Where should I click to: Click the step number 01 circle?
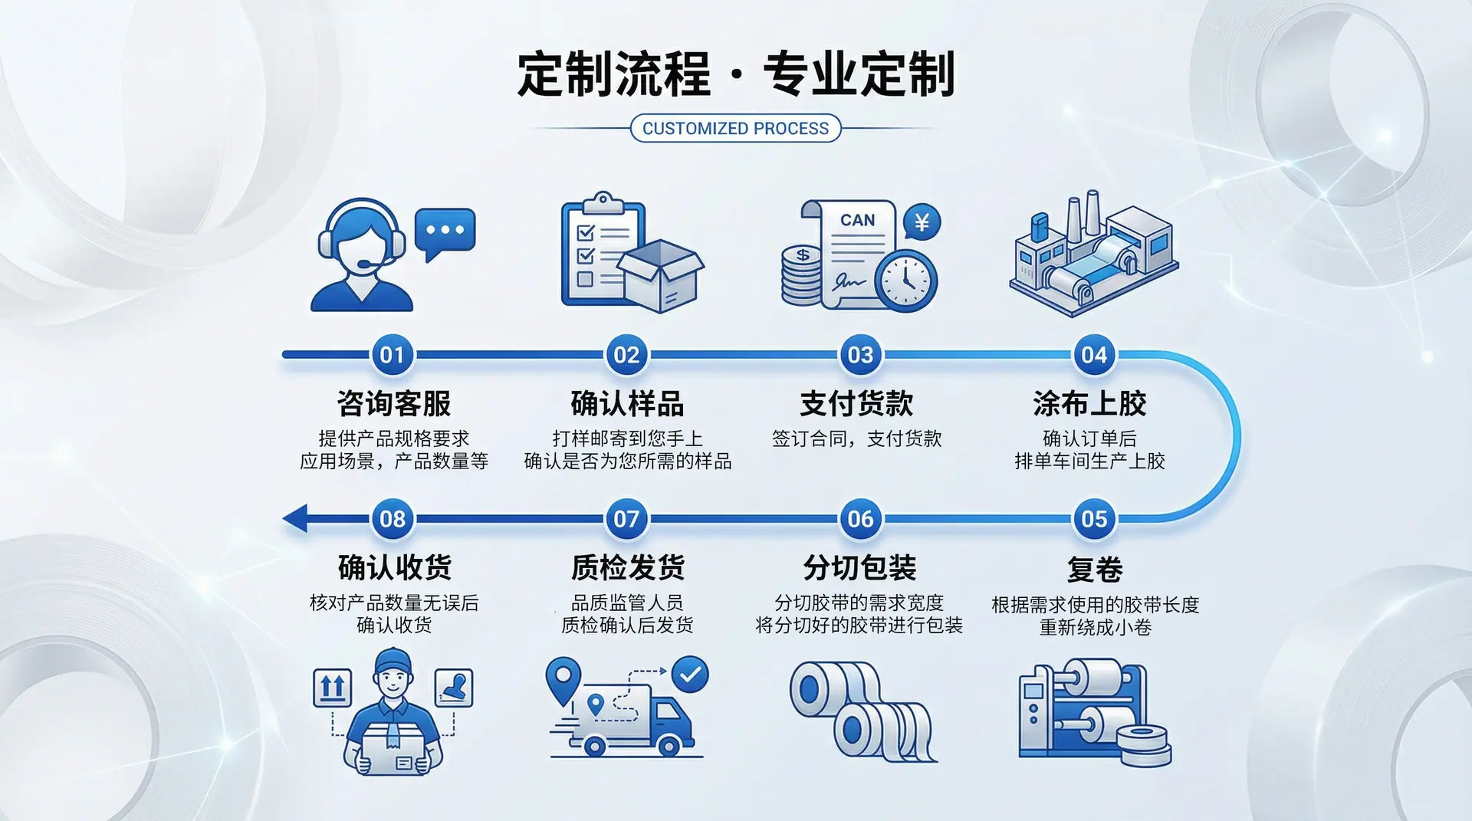click(x=392, y=355)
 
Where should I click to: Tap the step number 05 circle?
click(x=1094, y=519)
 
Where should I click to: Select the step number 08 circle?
click(x=393, y=519)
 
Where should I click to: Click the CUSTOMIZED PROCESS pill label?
click(x=735, y=128)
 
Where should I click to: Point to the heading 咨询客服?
click(x=394, y=403)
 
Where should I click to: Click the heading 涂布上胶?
click(x=1089, y=403)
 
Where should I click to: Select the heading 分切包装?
click(x=859, y=568)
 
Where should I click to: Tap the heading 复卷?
click(x=1095, y=570)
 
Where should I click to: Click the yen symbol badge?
click(x=922, y=222)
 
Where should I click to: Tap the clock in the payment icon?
click(x=905, y=280)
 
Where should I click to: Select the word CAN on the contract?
click(x=857, y=220)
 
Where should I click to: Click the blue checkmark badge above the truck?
click(x=690, y=675)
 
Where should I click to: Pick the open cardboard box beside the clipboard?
click(x=660, y=276)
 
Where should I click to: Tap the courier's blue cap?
click(x=393, y=660)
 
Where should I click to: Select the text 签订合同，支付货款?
click(x=856, y=438)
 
